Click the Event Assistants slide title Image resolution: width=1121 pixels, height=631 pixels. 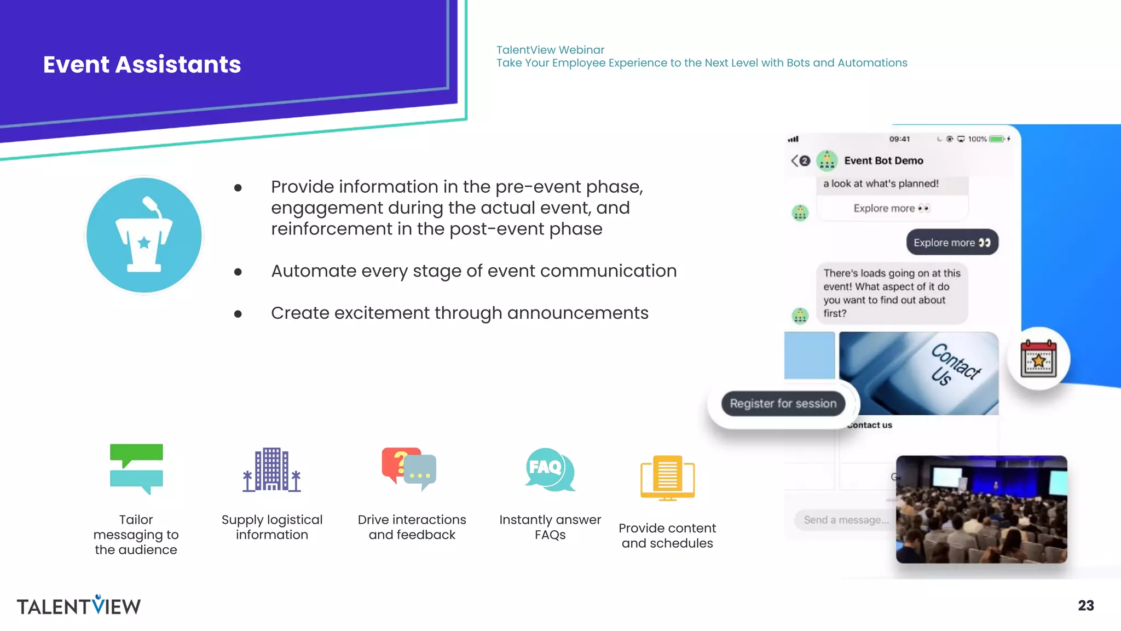[x=142, y=65]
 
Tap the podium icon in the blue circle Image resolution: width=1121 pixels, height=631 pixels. [x=144, y=236]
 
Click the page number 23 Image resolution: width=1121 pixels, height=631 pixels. [x=1085, y=605]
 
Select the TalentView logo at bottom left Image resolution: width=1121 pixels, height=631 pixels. [x=79, y=605]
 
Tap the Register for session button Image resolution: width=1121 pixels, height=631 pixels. [x=783, y=404]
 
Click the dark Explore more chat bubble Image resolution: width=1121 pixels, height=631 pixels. [x=952, y=243]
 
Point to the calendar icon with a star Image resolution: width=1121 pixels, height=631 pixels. [x=1038, y=359]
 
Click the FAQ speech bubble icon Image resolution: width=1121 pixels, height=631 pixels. [x=549, y=469]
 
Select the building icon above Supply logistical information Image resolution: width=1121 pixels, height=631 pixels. [x=272, y=469]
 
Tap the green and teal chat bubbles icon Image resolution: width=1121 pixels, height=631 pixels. [x=136, y=469]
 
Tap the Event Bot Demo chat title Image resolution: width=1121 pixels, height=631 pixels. [x=883, y=160]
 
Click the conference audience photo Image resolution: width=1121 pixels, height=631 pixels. [x=981, y=509]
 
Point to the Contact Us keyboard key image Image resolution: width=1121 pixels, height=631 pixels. [x=918, y=373]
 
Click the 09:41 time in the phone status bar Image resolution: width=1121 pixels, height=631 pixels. [x=899, y=139]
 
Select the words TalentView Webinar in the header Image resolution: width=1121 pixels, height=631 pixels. [x=550, y=50]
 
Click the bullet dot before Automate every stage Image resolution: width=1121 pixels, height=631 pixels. [x=238, y=272]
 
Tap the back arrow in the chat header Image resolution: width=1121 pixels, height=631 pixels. [x=795, y=160]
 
